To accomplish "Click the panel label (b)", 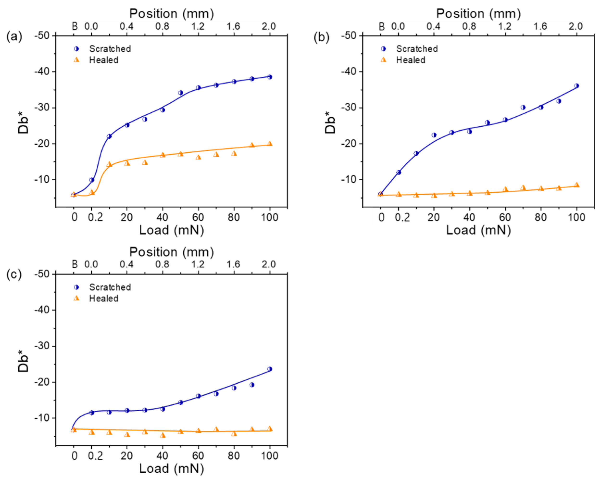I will click(321, 37).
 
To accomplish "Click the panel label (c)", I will click(14, 275).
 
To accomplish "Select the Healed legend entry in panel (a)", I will click(104, 60).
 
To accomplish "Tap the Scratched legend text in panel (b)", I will click(417, 49).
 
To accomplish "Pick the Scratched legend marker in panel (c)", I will click(76, 287).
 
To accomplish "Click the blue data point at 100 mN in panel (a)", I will click(269, 77).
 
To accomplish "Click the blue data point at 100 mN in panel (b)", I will click(576, 86).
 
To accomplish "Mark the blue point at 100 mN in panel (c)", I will click(269, 369).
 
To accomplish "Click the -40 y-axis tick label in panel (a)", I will click(42, 72).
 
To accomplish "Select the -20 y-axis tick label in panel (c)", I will click(42, 382).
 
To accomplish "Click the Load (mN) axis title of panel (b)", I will click(478, 230).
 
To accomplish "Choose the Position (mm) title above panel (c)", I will click(171, 252).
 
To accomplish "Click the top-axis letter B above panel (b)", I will click(382, 27).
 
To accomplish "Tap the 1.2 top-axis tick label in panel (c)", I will click(198, 264).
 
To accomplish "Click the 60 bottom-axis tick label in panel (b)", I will click(505, 217).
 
